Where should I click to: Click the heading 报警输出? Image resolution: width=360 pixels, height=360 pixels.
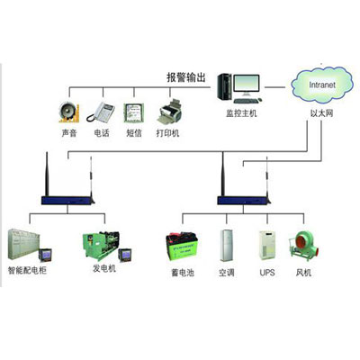186,77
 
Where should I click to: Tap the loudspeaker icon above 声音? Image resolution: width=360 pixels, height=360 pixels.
68,112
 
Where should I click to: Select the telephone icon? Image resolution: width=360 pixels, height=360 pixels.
101,112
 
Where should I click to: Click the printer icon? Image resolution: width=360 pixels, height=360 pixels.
170,112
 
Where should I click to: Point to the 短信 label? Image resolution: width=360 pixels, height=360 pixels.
134,133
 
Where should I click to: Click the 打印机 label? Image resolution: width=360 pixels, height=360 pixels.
167,133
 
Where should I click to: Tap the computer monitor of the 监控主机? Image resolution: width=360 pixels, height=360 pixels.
247,85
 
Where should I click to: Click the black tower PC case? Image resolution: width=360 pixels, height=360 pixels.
225,86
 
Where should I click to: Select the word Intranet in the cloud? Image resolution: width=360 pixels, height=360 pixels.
322,85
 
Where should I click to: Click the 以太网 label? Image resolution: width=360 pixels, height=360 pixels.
321,113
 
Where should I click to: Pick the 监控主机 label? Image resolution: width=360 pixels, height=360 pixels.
241,113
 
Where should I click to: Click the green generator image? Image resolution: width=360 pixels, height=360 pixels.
102,245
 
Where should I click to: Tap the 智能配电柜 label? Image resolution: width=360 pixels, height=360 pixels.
27,270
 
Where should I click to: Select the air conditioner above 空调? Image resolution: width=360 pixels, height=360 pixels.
226,246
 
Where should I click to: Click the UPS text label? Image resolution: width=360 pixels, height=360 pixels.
267,273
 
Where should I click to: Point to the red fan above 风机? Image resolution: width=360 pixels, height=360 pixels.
303,246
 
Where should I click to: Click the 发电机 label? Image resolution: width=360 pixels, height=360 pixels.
104,268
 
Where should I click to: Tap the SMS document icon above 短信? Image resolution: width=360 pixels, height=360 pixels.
134,112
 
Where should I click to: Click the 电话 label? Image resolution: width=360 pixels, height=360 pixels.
102,133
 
